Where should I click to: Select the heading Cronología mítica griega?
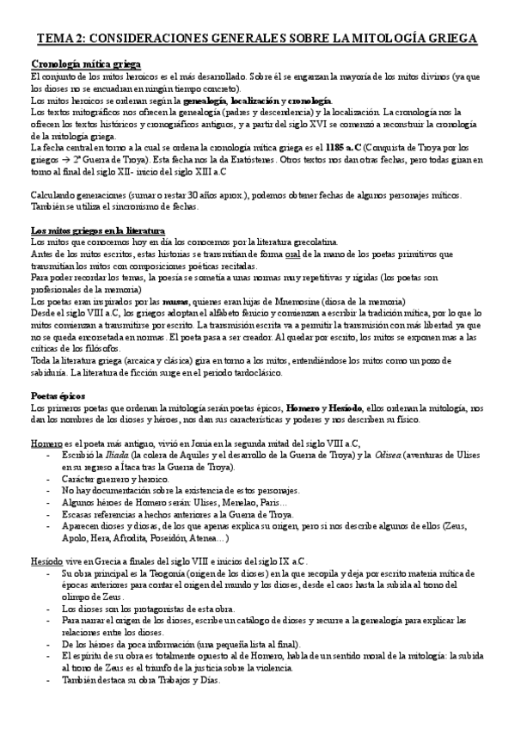86,64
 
